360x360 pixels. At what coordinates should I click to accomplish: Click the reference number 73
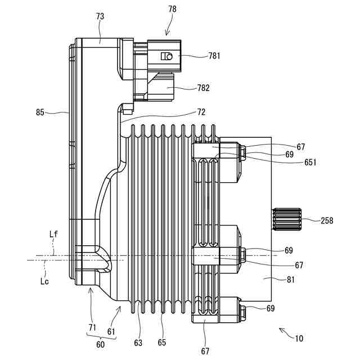tap(100, 16)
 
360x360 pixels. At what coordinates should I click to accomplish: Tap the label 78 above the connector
tap(172, 9)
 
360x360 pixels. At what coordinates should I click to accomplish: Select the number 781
tap(214, 56)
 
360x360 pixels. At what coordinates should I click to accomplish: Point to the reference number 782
tap(204, 88)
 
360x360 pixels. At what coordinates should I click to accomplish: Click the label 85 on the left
tap(40, 112)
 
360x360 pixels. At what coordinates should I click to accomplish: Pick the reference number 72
tap(201, 112)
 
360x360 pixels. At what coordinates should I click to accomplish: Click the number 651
tap(310, 163)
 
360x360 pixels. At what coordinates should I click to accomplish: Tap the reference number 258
tap(327, 220)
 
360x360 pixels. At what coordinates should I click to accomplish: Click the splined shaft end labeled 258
tap(286, 219)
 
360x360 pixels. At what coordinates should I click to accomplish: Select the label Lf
tap(54, 234)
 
